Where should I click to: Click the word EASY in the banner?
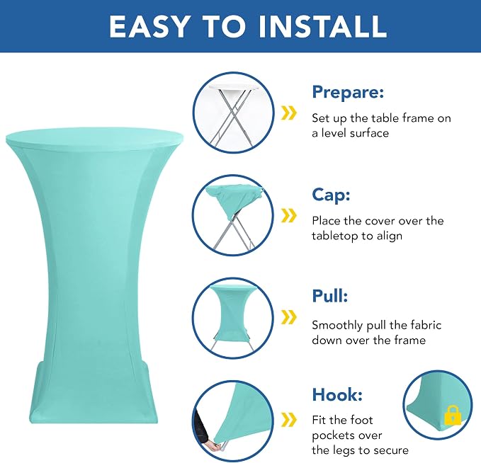[149, 26]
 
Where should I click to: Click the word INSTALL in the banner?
[322, 26]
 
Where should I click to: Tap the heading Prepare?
[348, 92]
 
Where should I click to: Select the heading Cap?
[331, 195]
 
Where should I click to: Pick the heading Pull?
[330, 296]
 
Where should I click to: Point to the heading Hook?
[337, 394]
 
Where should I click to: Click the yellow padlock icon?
[453, 416]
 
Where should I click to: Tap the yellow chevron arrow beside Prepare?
[289, 113]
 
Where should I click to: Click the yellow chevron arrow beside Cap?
[289, 215]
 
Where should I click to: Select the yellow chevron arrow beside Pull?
[289, 316]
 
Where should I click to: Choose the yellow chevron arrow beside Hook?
[289, 419]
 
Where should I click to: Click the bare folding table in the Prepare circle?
[234, 113]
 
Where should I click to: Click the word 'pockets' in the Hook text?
[346, 435]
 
